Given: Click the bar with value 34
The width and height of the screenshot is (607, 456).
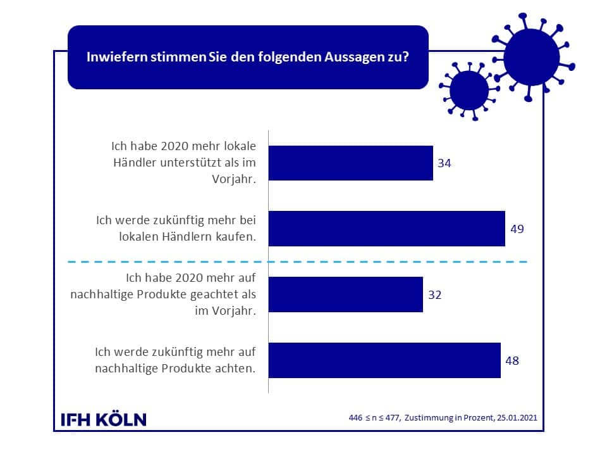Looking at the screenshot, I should pyautogui.click(x=351, y=163).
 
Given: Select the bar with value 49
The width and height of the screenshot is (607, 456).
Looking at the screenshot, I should pyautogui.click(x=387, y=229).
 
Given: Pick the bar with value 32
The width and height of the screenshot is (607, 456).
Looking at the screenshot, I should pyautogui.click(x=346, y=294).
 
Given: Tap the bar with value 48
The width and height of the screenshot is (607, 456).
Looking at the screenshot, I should pyautogui.click(x=384, y=360).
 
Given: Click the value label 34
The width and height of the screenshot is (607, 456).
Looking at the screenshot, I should pyautogui.click(x=445, y=163).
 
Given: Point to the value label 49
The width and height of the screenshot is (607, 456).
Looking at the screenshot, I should pyautogui.click(x=517, y=229).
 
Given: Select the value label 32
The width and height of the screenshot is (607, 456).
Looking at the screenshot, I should pyautogui.click(x=434, y=294).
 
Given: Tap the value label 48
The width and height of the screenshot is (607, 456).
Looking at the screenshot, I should pyautogui.click(x=513, y=360).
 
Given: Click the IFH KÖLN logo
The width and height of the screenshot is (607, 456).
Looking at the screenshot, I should pyautogui.click(x=103, y=419).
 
